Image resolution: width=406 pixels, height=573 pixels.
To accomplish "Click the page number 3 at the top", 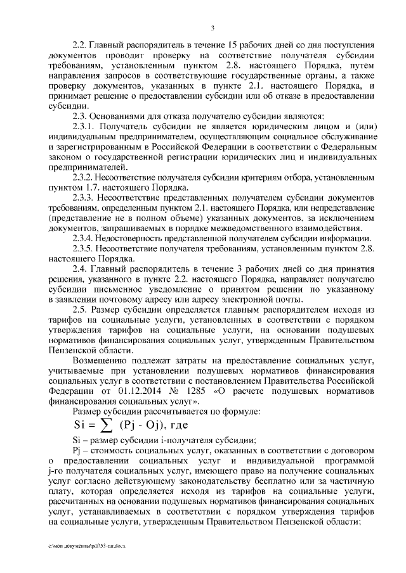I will [x=213, y=27].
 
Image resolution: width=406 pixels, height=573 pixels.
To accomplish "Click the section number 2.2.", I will [x=81, y=46].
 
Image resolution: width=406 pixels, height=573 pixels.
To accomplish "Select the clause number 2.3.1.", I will [x=85, y=127].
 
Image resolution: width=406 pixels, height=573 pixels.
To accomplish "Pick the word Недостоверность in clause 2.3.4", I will [x=136, y=239].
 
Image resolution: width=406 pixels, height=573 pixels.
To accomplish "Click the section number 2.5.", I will [x=81, y=310].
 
